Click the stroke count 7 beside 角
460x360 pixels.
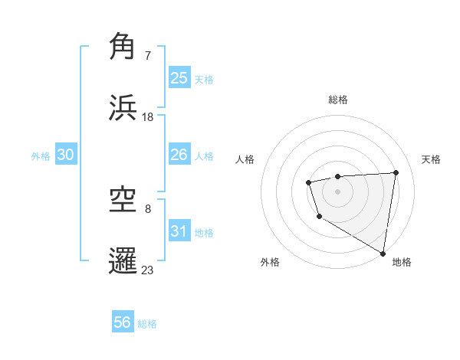pos(148,56)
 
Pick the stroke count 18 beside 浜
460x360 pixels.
pos(148,116)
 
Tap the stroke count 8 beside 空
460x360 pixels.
pos(148,209)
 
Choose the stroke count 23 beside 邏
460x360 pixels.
pos(148,270)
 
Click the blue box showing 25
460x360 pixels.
pos(179,78)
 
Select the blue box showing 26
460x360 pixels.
pos(179,155)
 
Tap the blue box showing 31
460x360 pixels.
pos(179,231)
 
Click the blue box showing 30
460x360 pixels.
pos(66,155)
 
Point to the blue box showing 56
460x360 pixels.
pos(123,323)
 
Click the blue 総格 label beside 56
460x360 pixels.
pos(147,324)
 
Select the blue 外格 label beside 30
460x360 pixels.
pos(41,155)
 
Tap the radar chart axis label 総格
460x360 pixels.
pos(338,100)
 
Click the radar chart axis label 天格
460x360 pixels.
pos(432,159)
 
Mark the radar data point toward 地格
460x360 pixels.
pos(383,253)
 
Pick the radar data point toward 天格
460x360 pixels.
pos(396,172)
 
